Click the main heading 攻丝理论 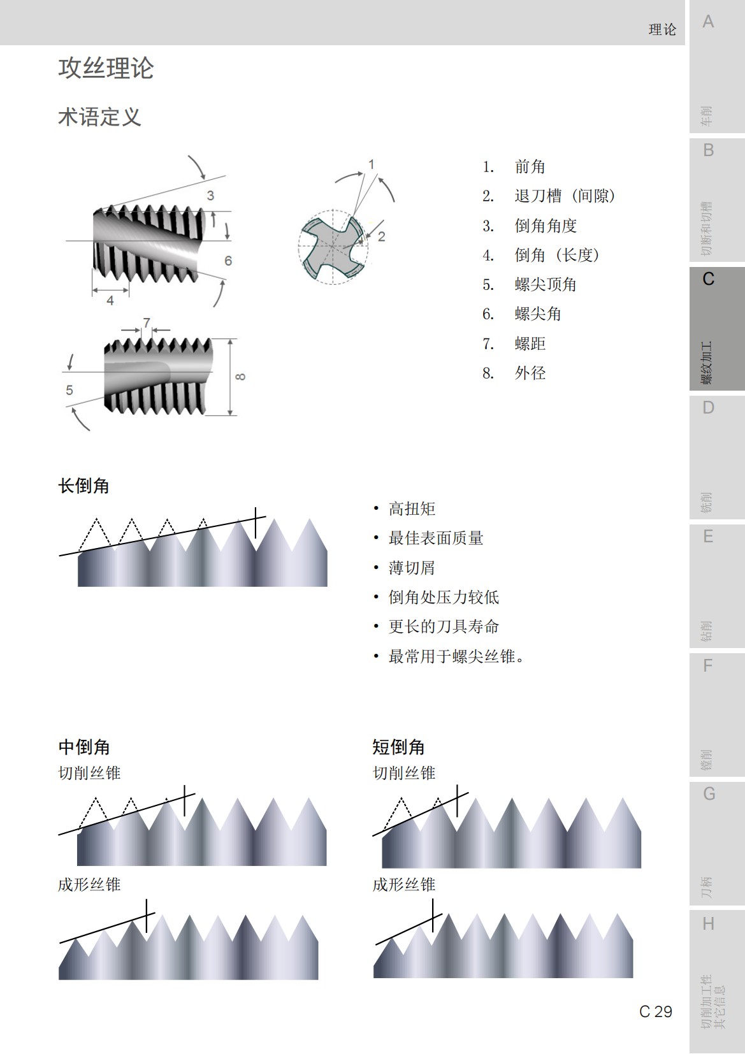[106, 69]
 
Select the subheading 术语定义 [99, 117]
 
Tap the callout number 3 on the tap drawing [210, 196]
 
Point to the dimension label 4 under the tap [110, 300]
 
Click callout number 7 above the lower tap [147, 322]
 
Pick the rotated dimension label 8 [240, 377]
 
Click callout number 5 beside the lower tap [69, 389]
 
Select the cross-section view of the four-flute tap [333, 247]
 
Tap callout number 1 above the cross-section [372, 164]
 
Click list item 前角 [530, 167]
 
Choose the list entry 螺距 [530, 344]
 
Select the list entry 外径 [530, 373]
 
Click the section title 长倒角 [83, 486]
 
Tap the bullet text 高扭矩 [412, 509]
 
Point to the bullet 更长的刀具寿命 [444, 627]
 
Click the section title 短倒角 [398, 747]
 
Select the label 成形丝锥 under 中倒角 [89, 884]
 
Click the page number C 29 [656, 1011]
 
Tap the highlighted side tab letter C [708, 279]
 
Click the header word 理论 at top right [662, 30]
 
